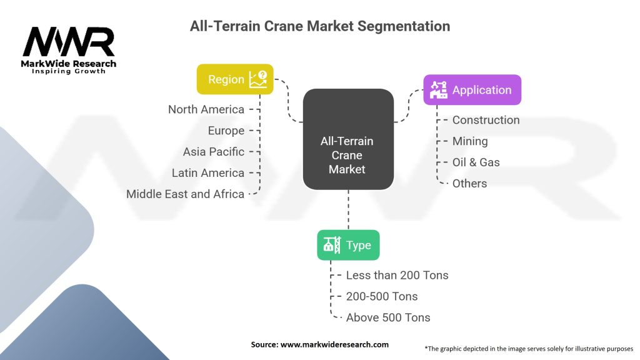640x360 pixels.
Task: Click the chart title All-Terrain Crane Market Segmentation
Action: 319,26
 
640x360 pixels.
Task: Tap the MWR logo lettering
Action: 69,42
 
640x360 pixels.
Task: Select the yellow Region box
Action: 235,79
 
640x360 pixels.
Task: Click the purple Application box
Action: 472,90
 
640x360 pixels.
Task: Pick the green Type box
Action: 348,246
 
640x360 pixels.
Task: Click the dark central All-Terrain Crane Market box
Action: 348,139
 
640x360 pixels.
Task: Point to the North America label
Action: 206,109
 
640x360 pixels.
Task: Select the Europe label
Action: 226,131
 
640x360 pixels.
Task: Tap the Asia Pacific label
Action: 214,152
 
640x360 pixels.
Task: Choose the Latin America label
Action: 208,173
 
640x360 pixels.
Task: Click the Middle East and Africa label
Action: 185,194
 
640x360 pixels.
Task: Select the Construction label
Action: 486,120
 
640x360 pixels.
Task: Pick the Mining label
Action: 469,141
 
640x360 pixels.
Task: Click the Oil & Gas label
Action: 476,162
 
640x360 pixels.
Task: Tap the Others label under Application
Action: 469,184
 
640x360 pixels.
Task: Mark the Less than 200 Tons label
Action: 397,276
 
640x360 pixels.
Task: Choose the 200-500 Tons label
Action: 382,297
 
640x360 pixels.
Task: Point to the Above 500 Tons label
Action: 388,318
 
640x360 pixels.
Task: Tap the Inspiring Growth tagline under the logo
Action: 69,71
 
